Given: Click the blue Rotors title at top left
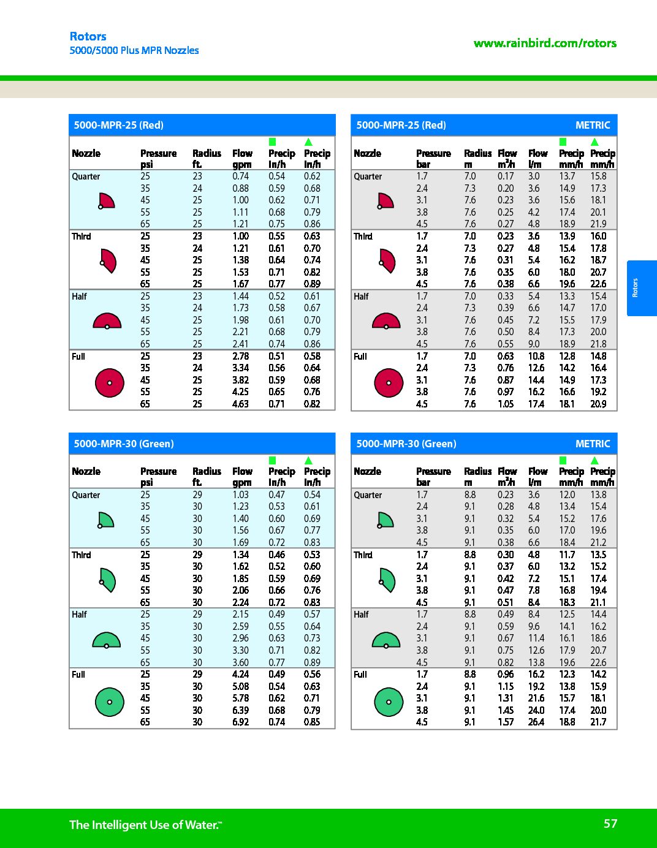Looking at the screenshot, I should point(88,36).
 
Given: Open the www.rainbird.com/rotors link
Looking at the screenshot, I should point(545,43).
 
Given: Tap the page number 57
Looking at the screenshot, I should point(610,823).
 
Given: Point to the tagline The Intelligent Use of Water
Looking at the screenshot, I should point(145,825).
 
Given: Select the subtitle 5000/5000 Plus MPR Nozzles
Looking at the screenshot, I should point(134,50).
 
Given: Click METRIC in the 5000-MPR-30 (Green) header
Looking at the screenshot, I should point(593,444).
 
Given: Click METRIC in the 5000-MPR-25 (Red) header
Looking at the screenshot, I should point(593,125).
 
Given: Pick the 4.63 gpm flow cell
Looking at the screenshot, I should point(240,404).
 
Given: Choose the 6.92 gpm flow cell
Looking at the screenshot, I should point(240,722).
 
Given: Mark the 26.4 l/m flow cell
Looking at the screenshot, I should point(536,722).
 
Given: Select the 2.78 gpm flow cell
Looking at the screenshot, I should point(240,356).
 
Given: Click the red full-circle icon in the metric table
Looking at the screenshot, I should point(389,383).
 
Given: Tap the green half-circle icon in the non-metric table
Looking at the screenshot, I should point(107,640).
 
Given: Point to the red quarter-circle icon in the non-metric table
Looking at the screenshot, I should point(106,201).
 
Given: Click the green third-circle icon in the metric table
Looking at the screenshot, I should point(386,579).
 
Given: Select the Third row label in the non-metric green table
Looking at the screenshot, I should point(81,555).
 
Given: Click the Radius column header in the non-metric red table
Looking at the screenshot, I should point(207,153).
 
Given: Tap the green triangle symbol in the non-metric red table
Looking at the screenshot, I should point(308,142).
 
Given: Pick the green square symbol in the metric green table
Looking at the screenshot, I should point(563,460).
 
